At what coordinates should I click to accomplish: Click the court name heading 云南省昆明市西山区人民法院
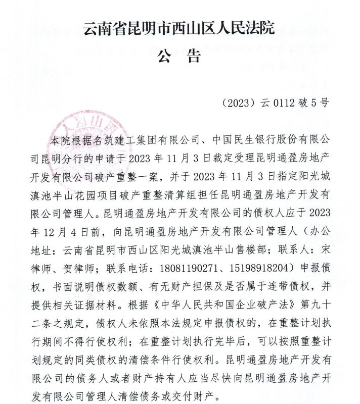pos(179,28)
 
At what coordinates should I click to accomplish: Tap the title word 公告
pos(179,56)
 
